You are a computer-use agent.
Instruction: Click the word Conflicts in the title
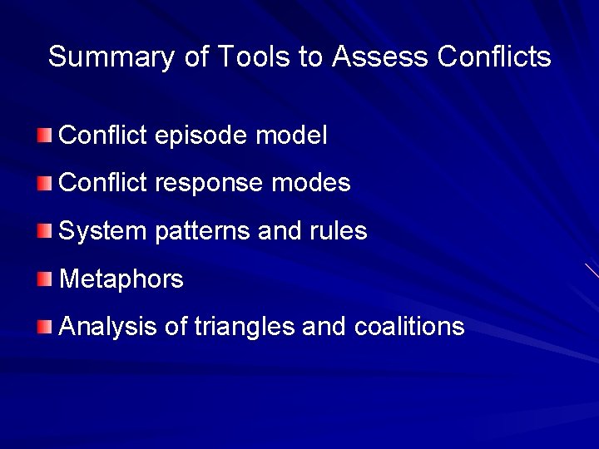coord(493,57)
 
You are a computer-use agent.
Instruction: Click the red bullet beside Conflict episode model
coord(44,135)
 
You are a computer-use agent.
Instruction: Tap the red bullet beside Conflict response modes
coord(44,183)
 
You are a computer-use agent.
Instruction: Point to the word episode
coord(203,136)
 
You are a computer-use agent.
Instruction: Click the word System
coord(103,231)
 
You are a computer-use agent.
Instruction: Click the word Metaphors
coord(121,279)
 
